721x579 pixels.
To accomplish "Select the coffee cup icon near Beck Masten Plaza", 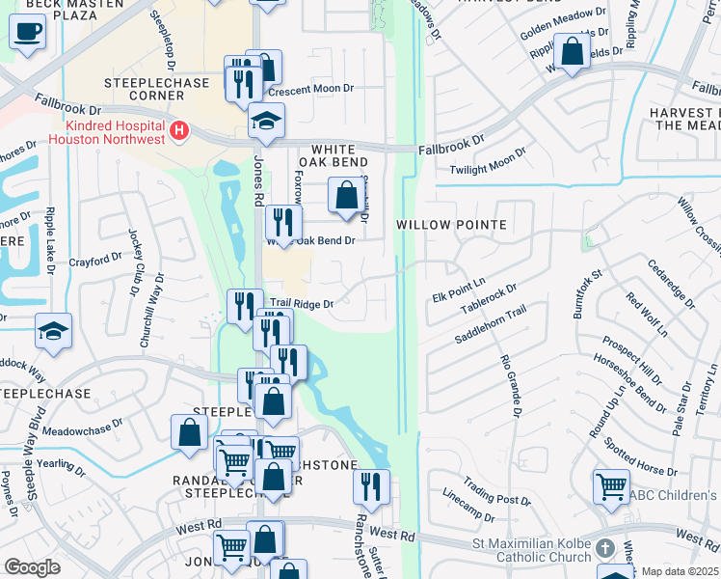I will coord(27,31).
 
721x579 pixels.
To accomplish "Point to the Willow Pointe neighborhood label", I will coord(451,225).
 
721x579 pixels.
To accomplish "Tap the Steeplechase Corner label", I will coord(157,90).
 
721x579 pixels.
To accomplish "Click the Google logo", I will coord(32,567).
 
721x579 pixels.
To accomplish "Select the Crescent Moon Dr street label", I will coord(311,89).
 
